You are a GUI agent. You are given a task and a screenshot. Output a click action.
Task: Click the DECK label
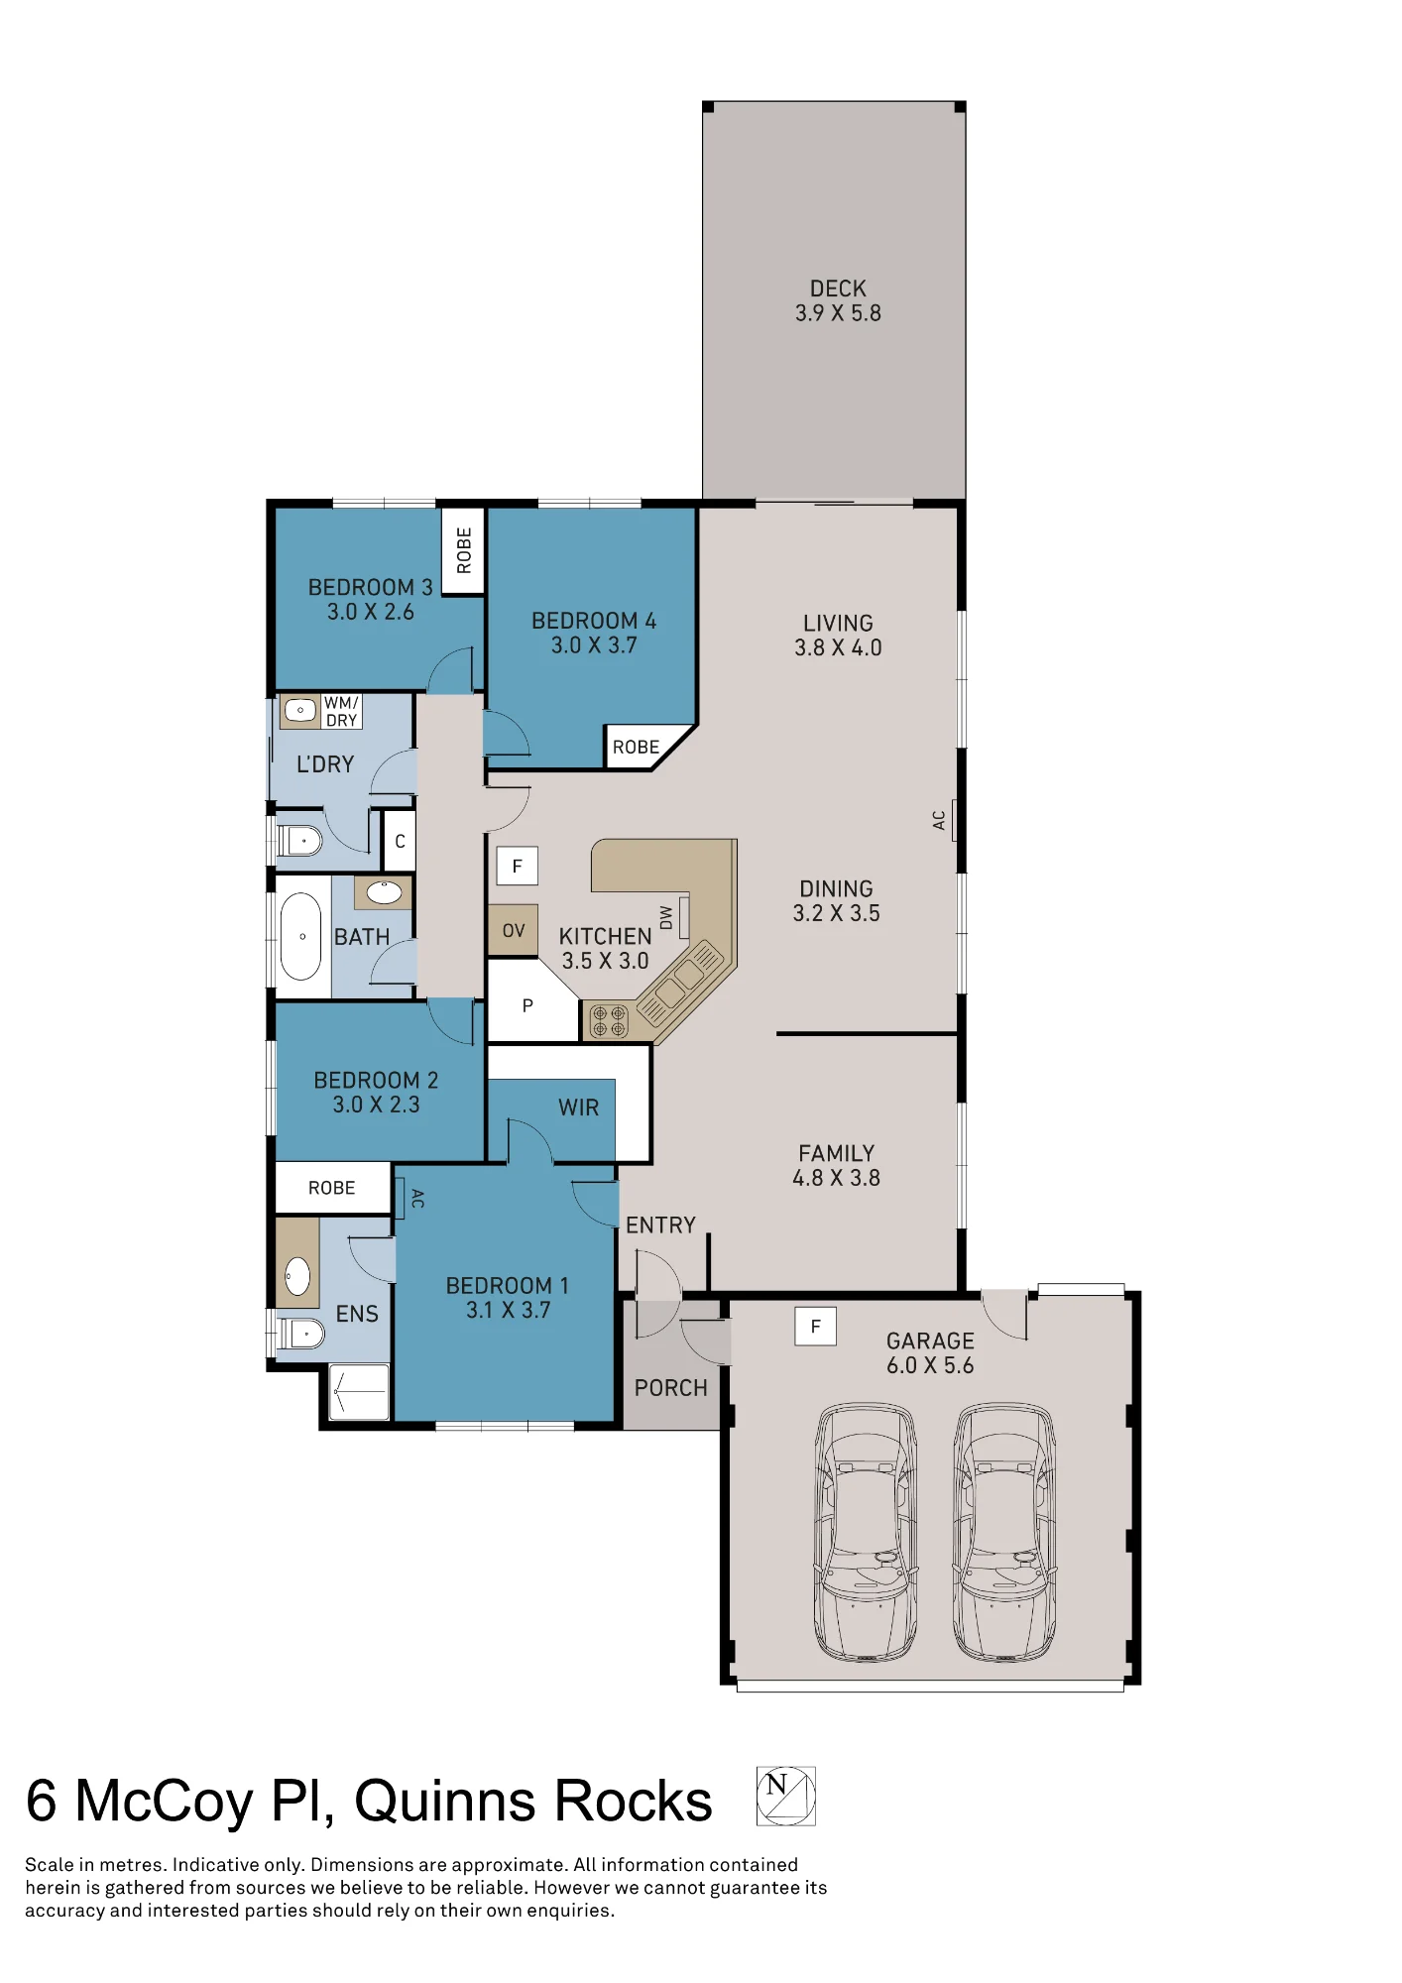point(838,289)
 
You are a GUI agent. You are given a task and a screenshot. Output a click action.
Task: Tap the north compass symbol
point(785,1796)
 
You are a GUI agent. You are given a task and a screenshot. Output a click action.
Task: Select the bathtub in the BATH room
point(301,936)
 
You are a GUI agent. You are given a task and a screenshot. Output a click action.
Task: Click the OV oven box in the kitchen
point(513,930)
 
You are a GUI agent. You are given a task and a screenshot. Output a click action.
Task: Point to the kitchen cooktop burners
point(608,1021)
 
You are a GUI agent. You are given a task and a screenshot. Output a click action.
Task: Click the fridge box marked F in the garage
point(815,1326)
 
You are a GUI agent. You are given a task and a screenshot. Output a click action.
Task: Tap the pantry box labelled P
point(527,1005)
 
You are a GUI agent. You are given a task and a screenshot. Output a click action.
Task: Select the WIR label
point(578,1108)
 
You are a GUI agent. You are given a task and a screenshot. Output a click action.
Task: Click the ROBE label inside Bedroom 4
point(636,748)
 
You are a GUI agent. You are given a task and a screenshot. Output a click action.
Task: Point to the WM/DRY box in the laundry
point(342,711)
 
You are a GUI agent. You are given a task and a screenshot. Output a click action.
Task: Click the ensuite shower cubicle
point(358,1392)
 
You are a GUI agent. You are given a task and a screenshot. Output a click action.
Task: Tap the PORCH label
point(671,1388)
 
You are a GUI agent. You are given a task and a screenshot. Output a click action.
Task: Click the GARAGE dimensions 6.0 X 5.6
point(930,1365)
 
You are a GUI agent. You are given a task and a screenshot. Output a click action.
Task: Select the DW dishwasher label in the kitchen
point(666,917)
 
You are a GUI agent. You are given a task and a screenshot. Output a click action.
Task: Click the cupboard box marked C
point(400,841)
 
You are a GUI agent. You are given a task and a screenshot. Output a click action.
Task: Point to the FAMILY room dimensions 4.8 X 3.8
point(836,1178)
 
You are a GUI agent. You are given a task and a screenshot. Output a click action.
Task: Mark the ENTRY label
point(660,1225)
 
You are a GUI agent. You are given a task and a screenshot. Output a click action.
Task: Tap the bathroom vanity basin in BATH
point(384,891)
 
